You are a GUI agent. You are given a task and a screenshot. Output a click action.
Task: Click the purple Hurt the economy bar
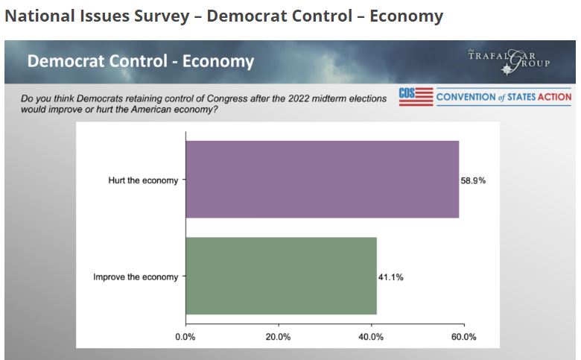(322, 179)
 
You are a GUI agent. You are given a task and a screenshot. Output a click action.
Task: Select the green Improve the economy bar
(281, 276)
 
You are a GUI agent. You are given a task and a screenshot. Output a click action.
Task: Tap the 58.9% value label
(473, 180)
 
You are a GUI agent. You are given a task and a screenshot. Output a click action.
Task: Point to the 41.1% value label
(391, 277)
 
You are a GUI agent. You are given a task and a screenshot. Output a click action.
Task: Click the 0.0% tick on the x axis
(185, 337)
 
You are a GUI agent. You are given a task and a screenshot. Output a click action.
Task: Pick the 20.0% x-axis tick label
(278, 337)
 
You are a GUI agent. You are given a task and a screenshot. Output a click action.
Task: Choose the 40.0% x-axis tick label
(371, 337)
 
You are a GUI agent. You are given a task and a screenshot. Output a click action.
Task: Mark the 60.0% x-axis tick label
(463, 337)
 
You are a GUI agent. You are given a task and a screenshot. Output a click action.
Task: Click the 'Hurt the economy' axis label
(143, 180)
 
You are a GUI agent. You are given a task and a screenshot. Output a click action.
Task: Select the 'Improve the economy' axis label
(136, 277)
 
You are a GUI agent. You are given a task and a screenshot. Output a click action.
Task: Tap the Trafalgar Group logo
(509, 60)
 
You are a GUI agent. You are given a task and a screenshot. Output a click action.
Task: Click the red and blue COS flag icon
(416, 97)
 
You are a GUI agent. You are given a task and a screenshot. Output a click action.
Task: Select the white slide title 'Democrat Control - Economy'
(141, 61)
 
